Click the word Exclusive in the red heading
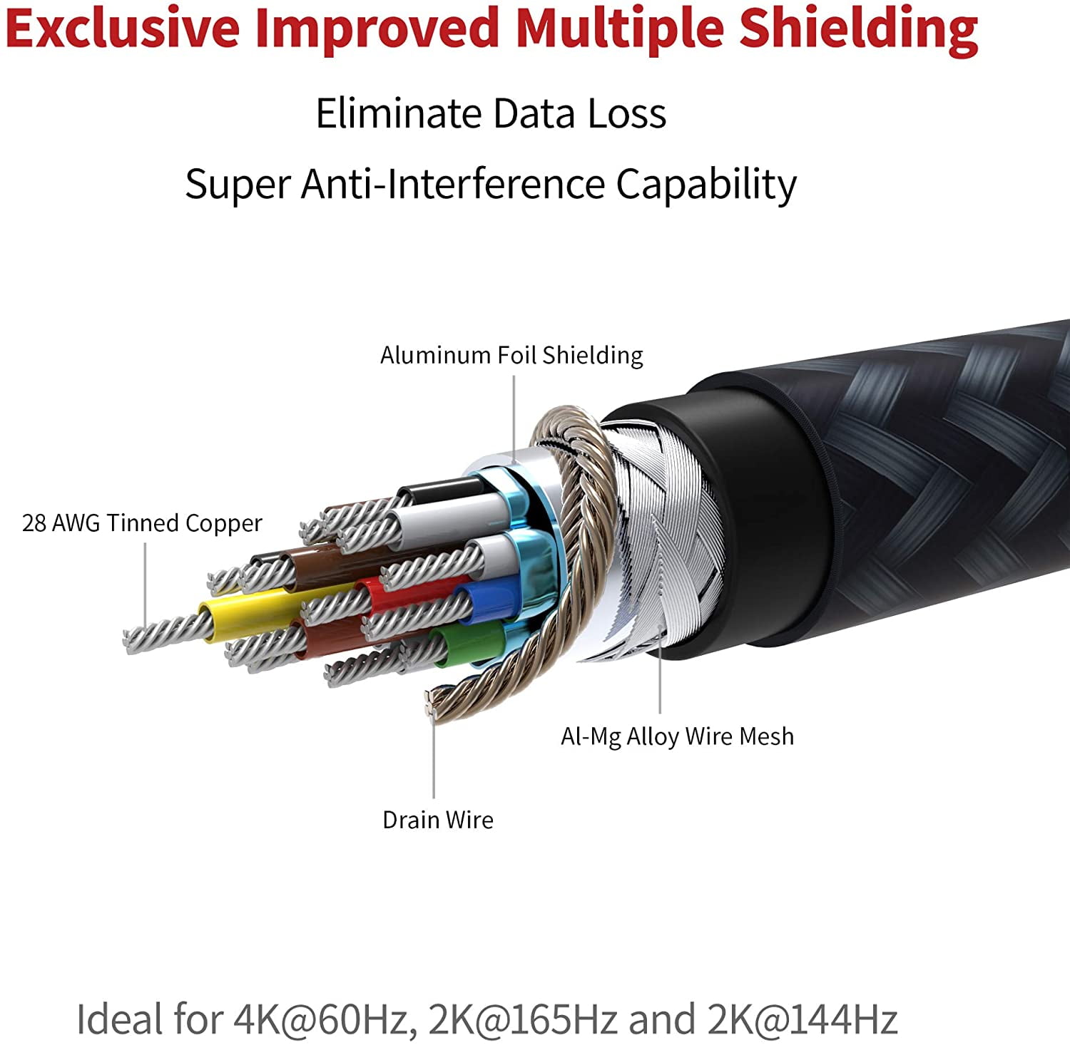(x=123, y=29)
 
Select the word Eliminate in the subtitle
(x=399, y=113)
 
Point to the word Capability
(x=706, y=185)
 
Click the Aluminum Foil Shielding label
(x=511, y=355)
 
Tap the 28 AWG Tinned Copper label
(x=142, y=523)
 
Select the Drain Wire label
(x=438, y=820)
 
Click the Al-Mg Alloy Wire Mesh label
(x=677, y=736)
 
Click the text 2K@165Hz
(x=522, y=1019)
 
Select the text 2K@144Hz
(x=802, y=1019)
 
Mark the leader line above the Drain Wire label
(x=434, y=755)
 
